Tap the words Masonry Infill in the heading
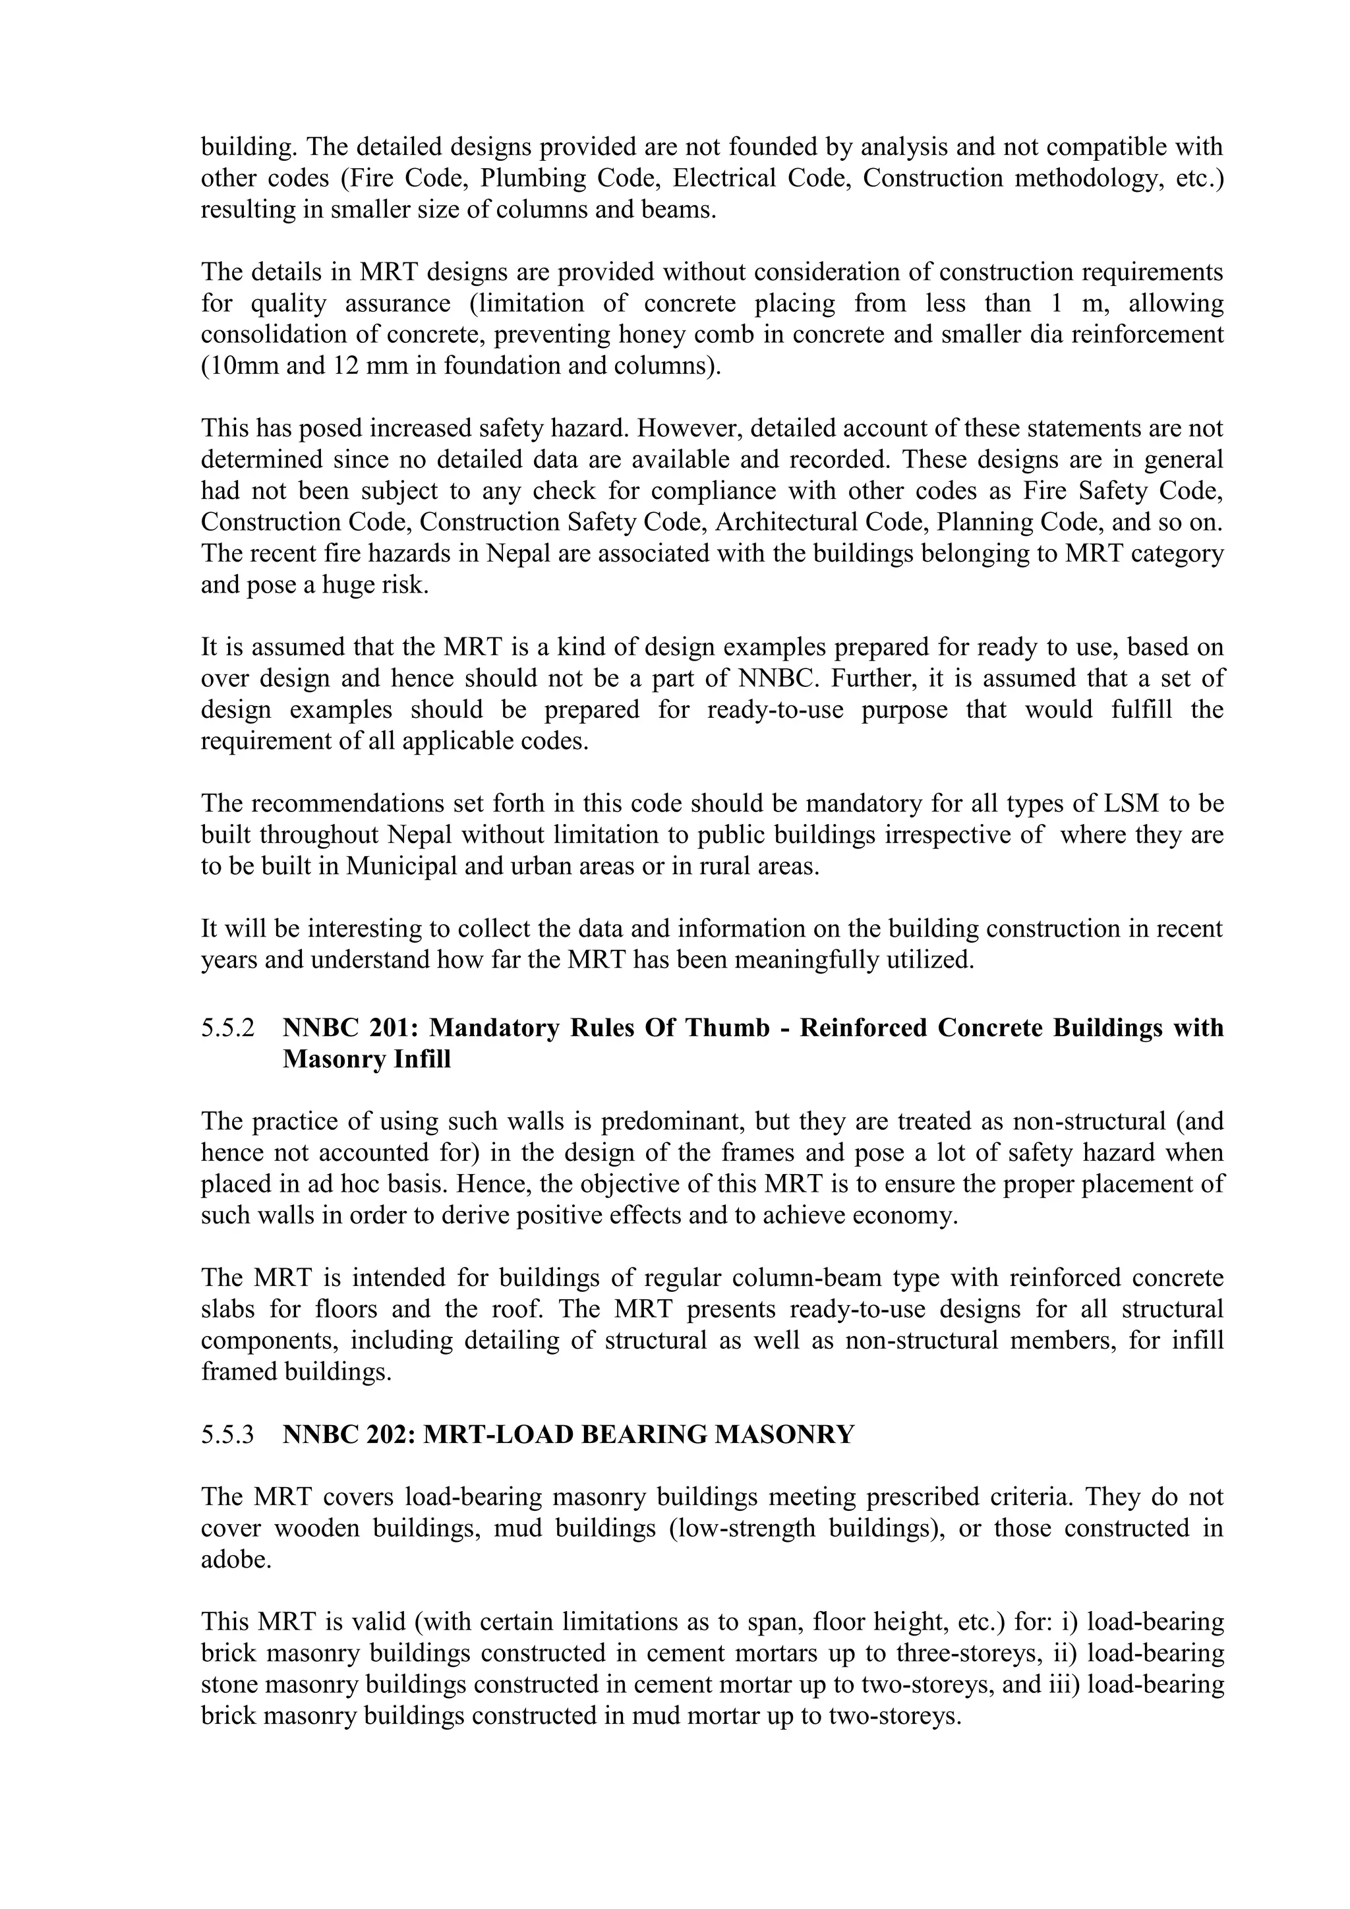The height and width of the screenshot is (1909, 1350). (367, 1060)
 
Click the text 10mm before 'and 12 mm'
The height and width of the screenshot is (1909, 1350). (241, 367)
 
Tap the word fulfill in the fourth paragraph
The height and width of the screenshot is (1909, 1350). (1132, 710)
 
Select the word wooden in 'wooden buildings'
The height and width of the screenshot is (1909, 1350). (318, 1528)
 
